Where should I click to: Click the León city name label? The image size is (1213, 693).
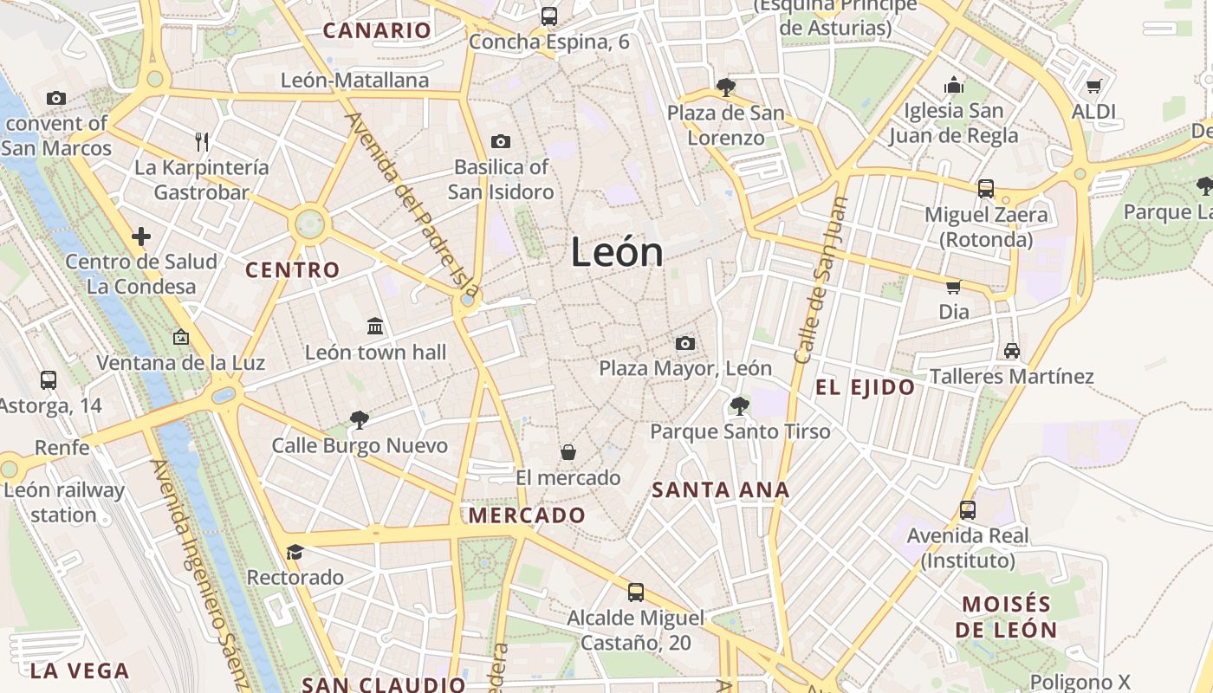[x=617, y=252]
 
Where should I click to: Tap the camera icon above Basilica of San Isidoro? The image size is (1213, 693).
[x=500, y=141]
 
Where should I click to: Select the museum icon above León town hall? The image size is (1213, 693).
[x=375, y=326]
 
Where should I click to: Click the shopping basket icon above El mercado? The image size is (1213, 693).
[x=568, y=451]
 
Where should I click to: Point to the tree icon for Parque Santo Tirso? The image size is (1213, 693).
[x=739, y=405]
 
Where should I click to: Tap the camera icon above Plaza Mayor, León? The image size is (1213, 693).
[x=684, y=343]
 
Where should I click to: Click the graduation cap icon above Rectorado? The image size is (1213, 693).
[x=295, y=552]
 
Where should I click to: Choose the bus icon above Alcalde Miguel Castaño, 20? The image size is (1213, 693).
[x=636, y=593]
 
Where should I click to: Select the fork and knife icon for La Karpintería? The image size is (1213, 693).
[x=202, y=141]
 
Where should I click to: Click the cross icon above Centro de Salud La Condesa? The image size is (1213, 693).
[x=141, y=236]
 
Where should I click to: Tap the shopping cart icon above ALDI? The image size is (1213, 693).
[x=1093, y=86]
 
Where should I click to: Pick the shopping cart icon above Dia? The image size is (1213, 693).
[x=953, y=286]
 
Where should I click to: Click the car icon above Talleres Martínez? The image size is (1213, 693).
[x=1011, y=351]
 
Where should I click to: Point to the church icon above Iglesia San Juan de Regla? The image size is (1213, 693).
[x=954, y=85]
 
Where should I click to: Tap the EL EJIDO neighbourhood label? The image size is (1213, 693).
[x=865, y=387]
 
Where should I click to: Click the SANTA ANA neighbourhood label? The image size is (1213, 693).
[x=720, y=490]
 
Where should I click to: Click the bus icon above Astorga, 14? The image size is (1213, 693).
[x=49, y=379]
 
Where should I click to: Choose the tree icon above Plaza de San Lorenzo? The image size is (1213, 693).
[x=725, y=87]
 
